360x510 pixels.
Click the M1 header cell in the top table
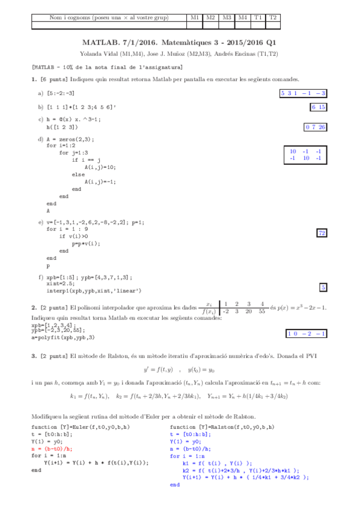coord(195,18)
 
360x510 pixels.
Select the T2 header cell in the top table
coord(273,18)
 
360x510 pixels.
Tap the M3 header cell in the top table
coord(227,18)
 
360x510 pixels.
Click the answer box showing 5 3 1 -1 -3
coord(304,93)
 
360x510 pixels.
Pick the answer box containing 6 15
coord(319,107)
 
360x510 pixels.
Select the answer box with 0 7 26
coord(316,127)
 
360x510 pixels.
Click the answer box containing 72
coord(322,233)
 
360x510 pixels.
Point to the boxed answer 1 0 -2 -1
coord(307,333)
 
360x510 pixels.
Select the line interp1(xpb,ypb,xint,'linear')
coord(94,290)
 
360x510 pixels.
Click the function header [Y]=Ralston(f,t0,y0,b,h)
coord(222,427)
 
